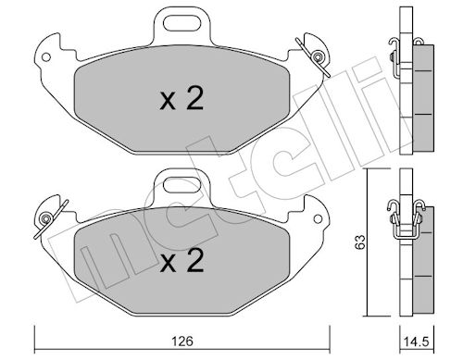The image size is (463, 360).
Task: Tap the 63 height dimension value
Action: coord(360,242)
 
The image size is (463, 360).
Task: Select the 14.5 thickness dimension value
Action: coord(417,341)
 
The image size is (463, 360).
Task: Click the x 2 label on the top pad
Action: coord(181,98)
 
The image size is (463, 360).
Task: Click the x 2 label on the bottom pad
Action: coord(181,260)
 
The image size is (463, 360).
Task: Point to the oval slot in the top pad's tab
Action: coord(181,23)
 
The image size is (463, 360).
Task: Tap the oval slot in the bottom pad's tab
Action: coord(181,185)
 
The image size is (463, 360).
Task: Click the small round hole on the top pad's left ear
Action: coord(46,57)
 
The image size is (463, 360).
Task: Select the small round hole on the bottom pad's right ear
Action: coord(318,219)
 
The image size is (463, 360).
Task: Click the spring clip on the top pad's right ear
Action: coord(314,57)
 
